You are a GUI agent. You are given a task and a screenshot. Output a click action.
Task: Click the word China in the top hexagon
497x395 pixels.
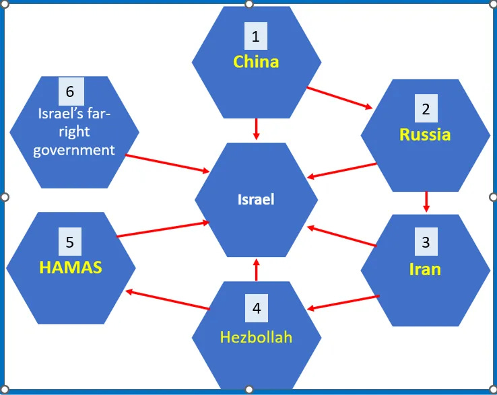click(x=256, y=62)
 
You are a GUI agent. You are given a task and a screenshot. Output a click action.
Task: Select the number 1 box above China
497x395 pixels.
click(x=256, y=36)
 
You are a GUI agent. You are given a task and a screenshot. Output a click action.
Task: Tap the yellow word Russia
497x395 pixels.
click(x=425, y=135)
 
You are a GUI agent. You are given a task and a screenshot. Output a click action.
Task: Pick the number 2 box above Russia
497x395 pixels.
click(x=426, y=108)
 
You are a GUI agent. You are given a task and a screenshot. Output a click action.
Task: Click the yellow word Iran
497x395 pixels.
click(x=425, y=269)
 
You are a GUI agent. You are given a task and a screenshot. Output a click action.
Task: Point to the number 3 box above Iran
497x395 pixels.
click(x=426, y=242)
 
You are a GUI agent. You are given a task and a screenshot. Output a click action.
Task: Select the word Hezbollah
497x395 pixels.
click(x=256, y=336)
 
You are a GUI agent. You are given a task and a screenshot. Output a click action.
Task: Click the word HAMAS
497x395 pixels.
click(x=71, y=267)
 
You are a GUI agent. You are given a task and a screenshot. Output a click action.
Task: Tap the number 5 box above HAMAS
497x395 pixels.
click(x=70, y=240)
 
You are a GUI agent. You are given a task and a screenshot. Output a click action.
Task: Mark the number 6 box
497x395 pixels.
click(x=70, y=91)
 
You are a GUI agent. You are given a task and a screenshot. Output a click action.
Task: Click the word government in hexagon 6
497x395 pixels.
click(x=74, y=149)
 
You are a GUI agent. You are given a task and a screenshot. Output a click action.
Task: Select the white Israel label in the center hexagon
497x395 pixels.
click(x=256, y=199)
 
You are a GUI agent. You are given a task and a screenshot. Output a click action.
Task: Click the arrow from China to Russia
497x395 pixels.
click(x=339, y=97)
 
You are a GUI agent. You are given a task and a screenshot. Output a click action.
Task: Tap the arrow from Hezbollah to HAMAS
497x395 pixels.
click(x=168, y=299)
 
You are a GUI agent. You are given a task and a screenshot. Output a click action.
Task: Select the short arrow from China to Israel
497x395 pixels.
click(x=256, y=129)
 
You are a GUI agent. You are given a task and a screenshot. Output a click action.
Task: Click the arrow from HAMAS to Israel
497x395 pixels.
click(x=164, y=229)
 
